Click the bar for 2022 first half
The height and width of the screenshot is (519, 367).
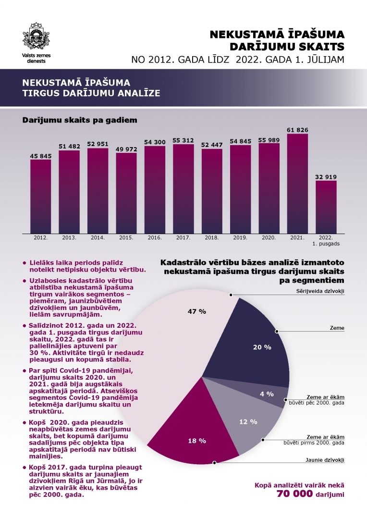click(x=326, y=207)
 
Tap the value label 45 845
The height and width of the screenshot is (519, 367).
click(x=40, y=155)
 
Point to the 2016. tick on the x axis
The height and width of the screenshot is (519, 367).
click(x=155, y=237)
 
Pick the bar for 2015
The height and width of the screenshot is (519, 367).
click(x=126, y=192)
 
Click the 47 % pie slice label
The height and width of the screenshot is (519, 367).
click(x=196, y=311)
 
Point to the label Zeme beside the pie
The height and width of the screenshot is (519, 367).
click(x=337, y=328)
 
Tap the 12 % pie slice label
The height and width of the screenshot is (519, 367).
click(x=248, y=421)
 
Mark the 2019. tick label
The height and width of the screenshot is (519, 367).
click(x=240, y=237)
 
